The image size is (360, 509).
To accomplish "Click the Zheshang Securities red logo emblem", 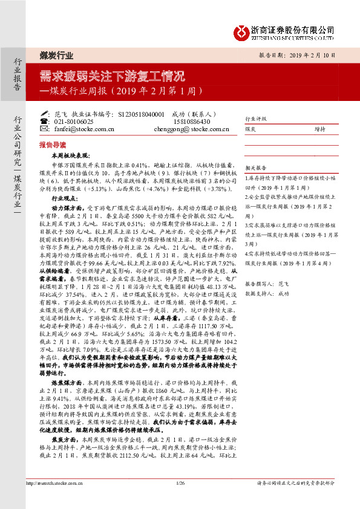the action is click(244, 30).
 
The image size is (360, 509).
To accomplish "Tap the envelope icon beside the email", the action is click(45, 129).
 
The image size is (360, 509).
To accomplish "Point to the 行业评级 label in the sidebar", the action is click(255, 120).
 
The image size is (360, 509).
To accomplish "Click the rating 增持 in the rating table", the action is click(319, 129).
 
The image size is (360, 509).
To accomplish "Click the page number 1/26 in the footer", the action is click(180, 499).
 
